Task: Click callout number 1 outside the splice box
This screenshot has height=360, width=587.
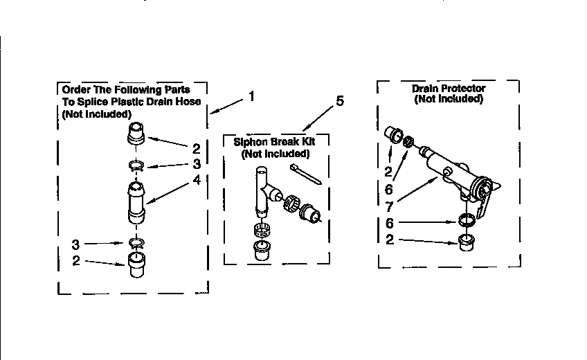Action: [x=251, y=98]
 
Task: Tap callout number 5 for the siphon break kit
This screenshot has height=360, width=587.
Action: [x=339, y=102]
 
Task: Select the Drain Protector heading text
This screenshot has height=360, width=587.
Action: [x=449, y=89]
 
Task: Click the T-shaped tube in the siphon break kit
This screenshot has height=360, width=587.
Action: [x=263, y=187]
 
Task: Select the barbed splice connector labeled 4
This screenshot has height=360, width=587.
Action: [x=137, y=202]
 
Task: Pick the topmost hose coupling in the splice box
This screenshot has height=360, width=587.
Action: [x=137, y=132]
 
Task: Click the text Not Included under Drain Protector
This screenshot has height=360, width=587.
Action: [x=449, y=99]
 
